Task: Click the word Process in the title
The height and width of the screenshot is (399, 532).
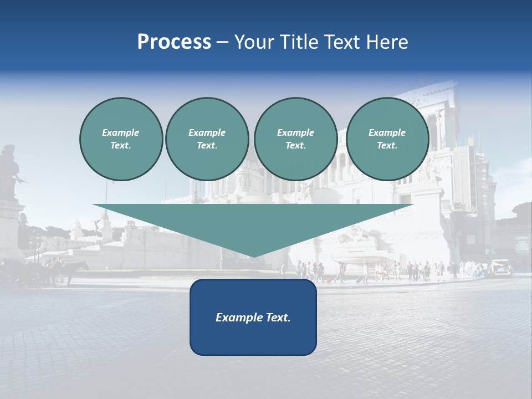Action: coord(174,42)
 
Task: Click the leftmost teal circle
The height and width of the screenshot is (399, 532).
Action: coord(121,139)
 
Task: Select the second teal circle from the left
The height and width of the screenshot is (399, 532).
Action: coord(207,139)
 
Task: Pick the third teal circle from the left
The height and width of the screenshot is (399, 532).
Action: coord(295,139)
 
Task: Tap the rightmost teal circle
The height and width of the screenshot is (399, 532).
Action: coord(387,139)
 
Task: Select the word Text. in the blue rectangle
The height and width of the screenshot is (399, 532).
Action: coord(277,318)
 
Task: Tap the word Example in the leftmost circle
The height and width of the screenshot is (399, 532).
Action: coord(121,132)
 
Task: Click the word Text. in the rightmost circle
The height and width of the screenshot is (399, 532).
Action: coord(387,146)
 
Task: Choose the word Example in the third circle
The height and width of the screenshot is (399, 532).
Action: coord(295,132)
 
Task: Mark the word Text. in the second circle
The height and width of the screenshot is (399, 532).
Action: coord(207,146)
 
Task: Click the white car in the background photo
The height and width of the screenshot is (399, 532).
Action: coord(500,268)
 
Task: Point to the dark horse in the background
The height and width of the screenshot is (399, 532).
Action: coord(72,270)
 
